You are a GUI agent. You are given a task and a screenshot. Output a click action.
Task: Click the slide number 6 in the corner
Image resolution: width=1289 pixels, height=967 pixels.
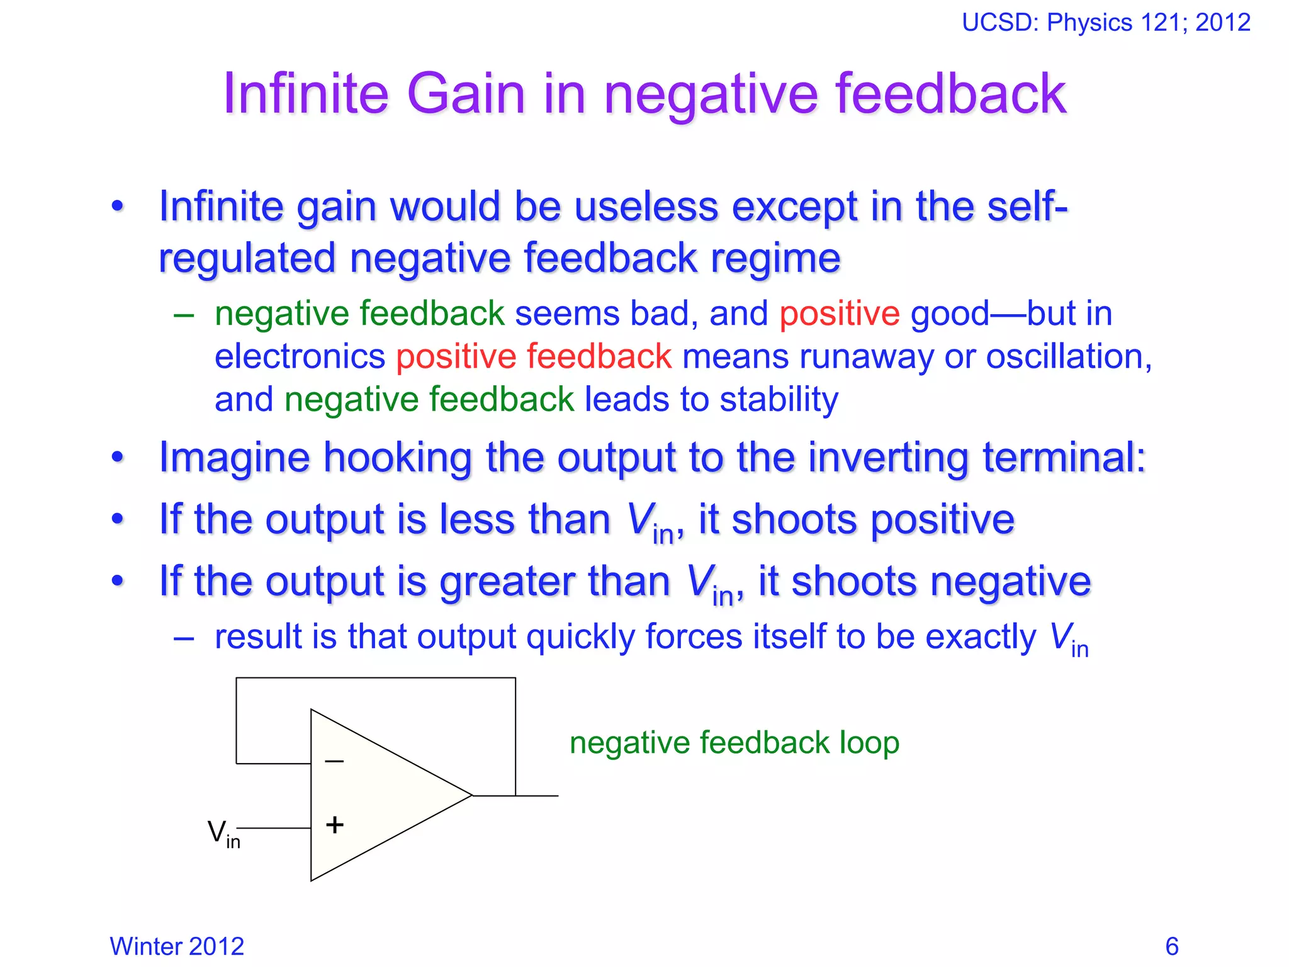[1171, 946]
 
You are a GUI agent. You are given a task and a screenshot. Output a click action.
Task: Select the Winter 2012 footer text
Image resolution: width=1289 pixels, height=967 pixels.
[177, 946]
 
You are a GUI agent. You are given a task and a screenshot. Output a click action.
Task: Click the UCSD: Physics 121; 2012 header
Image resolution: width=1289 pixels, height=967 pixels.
[1106, 23]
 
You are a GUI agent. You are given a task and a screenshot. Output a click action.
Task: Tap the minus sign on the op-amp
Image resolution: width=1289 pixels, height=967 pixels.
[334, 762]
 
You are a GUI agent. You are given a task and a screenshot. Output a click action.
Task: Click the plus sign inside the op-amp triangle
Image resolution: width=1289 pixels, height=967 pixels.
[335, 825]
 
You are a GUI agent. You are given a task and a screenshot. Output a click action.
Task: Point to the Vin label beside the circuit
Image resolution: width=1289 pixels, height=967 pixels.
[223, 833]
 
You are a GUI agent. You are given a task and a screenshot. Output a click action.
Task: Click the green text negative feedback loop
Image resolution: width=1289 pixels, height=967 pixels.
[734, 743]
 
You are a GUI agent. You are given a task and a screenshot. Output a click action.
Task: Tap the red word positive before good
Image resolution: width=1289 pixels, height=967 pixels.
[840, 314]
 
